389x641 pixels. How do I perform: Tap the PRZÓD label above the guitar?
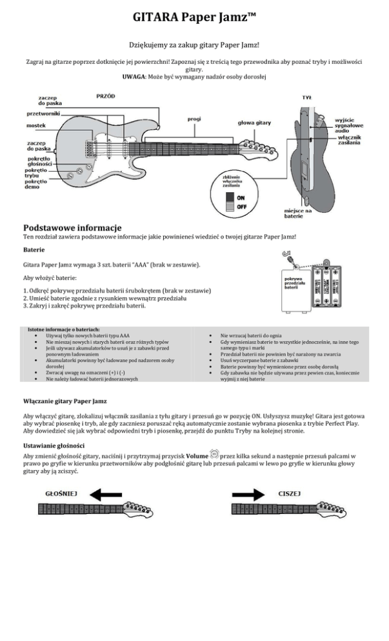[105, 95]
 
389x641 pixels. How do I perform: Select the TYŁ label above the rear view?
[306, 98]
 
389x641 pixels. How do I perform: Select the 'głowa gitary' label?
[254, 123]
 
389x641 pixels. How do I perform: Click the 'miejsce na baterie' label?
[299, 213]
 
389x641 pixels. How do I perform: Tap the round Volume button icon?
[215, 455]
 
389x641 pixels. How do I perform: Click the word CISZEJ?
[290, 494]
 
